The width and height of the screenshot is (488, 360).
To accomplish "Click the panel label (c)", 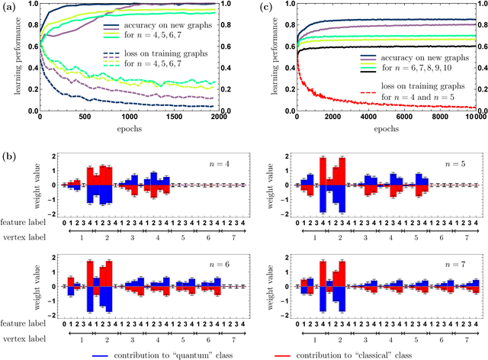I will [x=263, y=9].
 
